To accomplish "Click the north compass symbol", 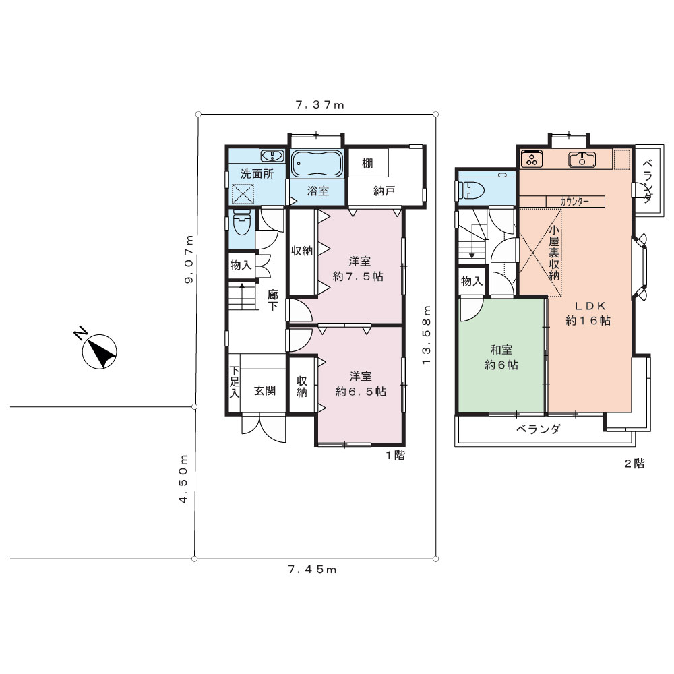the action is tap(99, 351).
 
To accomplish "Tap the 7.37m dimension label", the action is tap(320, 105).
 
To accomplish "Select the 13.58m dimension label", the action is tap(426, 335).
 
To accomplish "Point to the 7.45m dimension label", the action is tap(313, 570).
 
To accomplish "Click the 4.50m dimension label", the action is tap(183, 479).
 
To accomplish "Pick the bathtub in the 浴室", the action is tap(317, 163).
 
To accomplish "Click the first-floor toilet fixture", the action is tap(241, 222).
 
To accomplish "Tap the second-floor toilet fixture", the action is tap(472, 189).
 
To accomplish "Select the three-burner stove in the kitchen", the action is tap(532, 158).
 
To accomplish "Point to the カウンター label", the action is tap(574, 201).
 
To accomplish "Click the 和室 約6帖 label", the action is tap(501, 357).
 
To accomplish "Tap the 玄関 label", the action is tap(264, 390).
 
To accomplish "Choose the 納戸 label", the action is tap(384, 191).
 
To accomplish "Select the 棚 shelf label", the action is tap(367, 163).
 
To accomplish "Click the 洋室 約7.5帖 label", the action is tap(358, 269).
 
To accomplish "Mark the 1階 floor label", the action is tap(395, 455).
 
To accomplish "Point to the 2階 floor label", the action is tap(634, 464).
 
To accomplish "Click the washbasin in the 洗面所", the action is tap(271, 156).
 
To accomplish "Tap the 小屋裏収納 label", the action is tap(553, 253).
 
